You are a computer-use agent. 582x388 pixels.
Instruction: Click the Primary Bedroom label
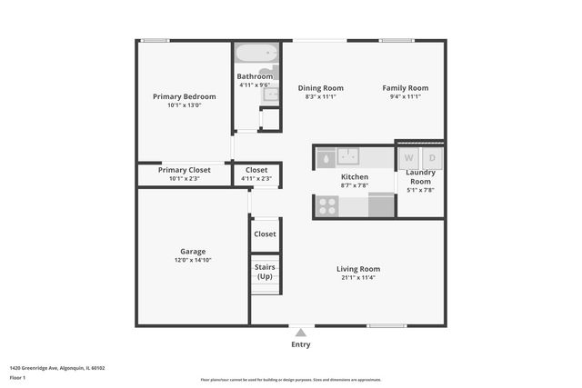click(x=185, y=96)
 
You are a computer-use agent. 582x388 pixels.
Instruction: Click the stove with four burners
click(x=327, y=206)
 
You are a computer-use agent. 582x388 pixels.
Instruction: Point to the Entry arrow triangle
click(x=301, y=333)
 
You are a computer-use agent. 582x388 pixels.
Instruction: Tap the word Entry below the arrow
click(x=301, y=344)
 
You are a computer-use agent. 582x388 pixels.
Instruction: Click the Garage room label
click(x=193, y=252)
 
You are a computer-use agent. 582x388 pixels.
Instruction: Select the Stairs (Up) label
click(x=265, y=272)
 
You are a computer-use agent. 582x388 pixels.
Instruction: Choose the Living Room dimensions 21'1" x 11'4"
click(x=358, y=278)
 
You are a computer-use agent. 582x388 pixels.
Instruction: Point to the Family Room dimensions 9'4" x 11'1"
click(x=405, y=96)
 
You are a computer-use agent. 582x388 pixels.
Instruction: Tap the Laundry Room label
click(x=420, y=176)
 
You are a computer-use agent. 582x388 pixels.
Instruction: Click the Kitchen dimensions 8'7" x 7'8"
click(x=354, y=185)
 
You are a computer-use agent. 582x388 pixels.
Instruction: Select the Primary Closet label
click(x=185, y=170)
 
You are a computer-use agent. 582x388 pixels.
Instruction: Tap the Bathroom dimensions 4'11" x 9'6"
click(x=255, y=85)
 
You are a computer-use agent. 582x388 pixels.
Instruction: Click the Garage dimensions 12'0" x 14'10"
click(x=193, y=260)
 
